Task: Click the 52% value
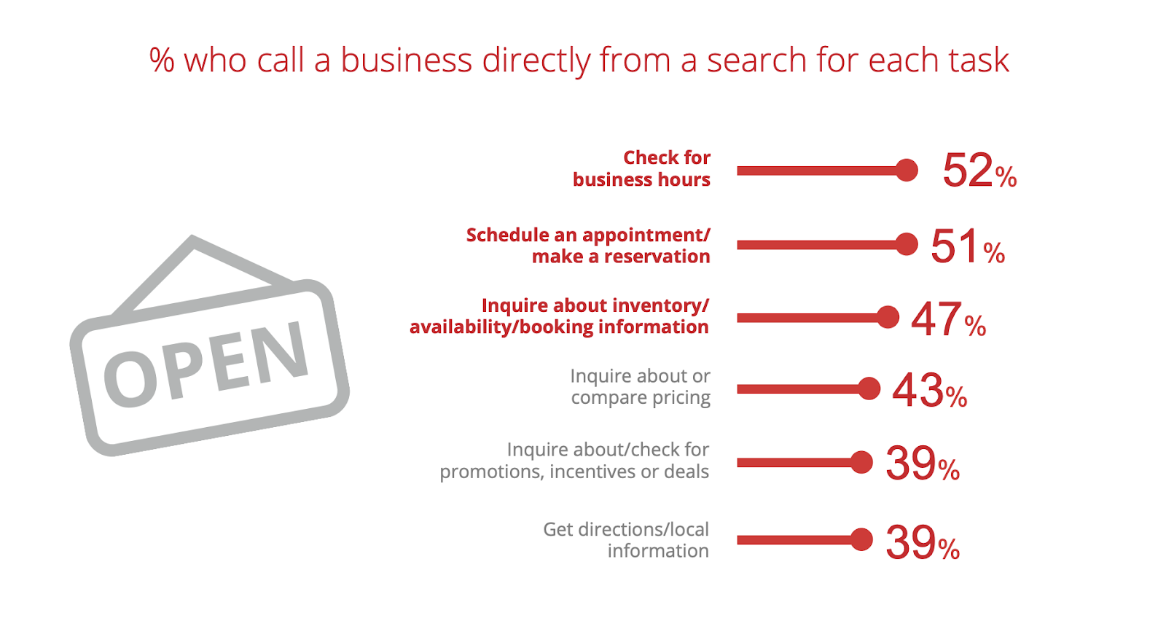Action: [979, 171]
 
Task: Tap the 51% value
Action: [967, 246]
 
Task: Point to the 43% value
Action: [929, 391]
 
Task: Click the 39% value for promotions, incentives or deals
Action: [922, 464]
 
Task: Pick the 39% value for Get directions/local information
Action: [922, 542]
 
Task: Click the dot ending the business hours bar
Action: [907, 171]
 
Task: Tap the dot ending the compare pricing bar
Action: [869, 388]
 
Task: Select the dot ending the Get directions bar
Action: [861, 539]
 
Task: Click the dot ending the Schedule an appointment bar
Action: [907, 244]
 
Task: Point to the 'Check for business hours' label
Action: [641, 168]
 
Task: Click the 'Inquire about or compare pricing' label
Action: [640, 387]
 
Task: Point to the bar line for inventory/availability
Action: [809, 318]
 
